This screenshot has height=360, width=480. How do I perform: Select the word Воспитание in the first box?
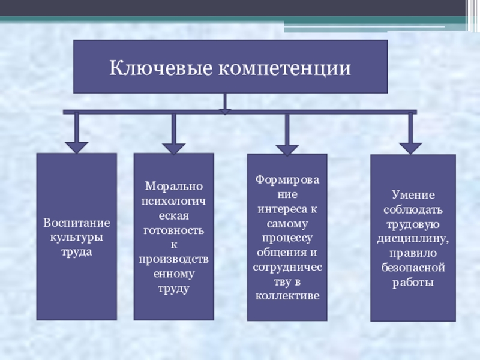pyautogui.click(x=77, y=223)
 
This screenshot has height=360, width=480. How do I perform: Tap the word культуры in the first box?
pyautogui.click(x=76, y=237)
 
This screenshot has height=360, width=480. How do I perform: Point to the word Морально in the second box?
pyautogui.click(x=173, y=187)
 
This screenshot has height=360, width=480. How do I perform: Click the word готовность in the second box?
pyautogui.click(x=173, y=230)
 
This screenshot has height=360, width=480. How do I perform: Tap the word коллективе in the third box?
pyautogui.click(x=287, y=296)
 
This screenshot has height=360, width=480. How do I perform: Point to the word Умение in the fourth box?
pyautogui.click(x=413, y=196)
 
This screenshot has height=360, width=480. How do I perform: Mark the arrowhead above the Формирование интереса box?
pyautogui.click(x=287, y=148)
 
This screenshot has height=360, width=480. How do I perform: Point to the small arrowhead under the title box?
pyautogui.click(x=224, y=111)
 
